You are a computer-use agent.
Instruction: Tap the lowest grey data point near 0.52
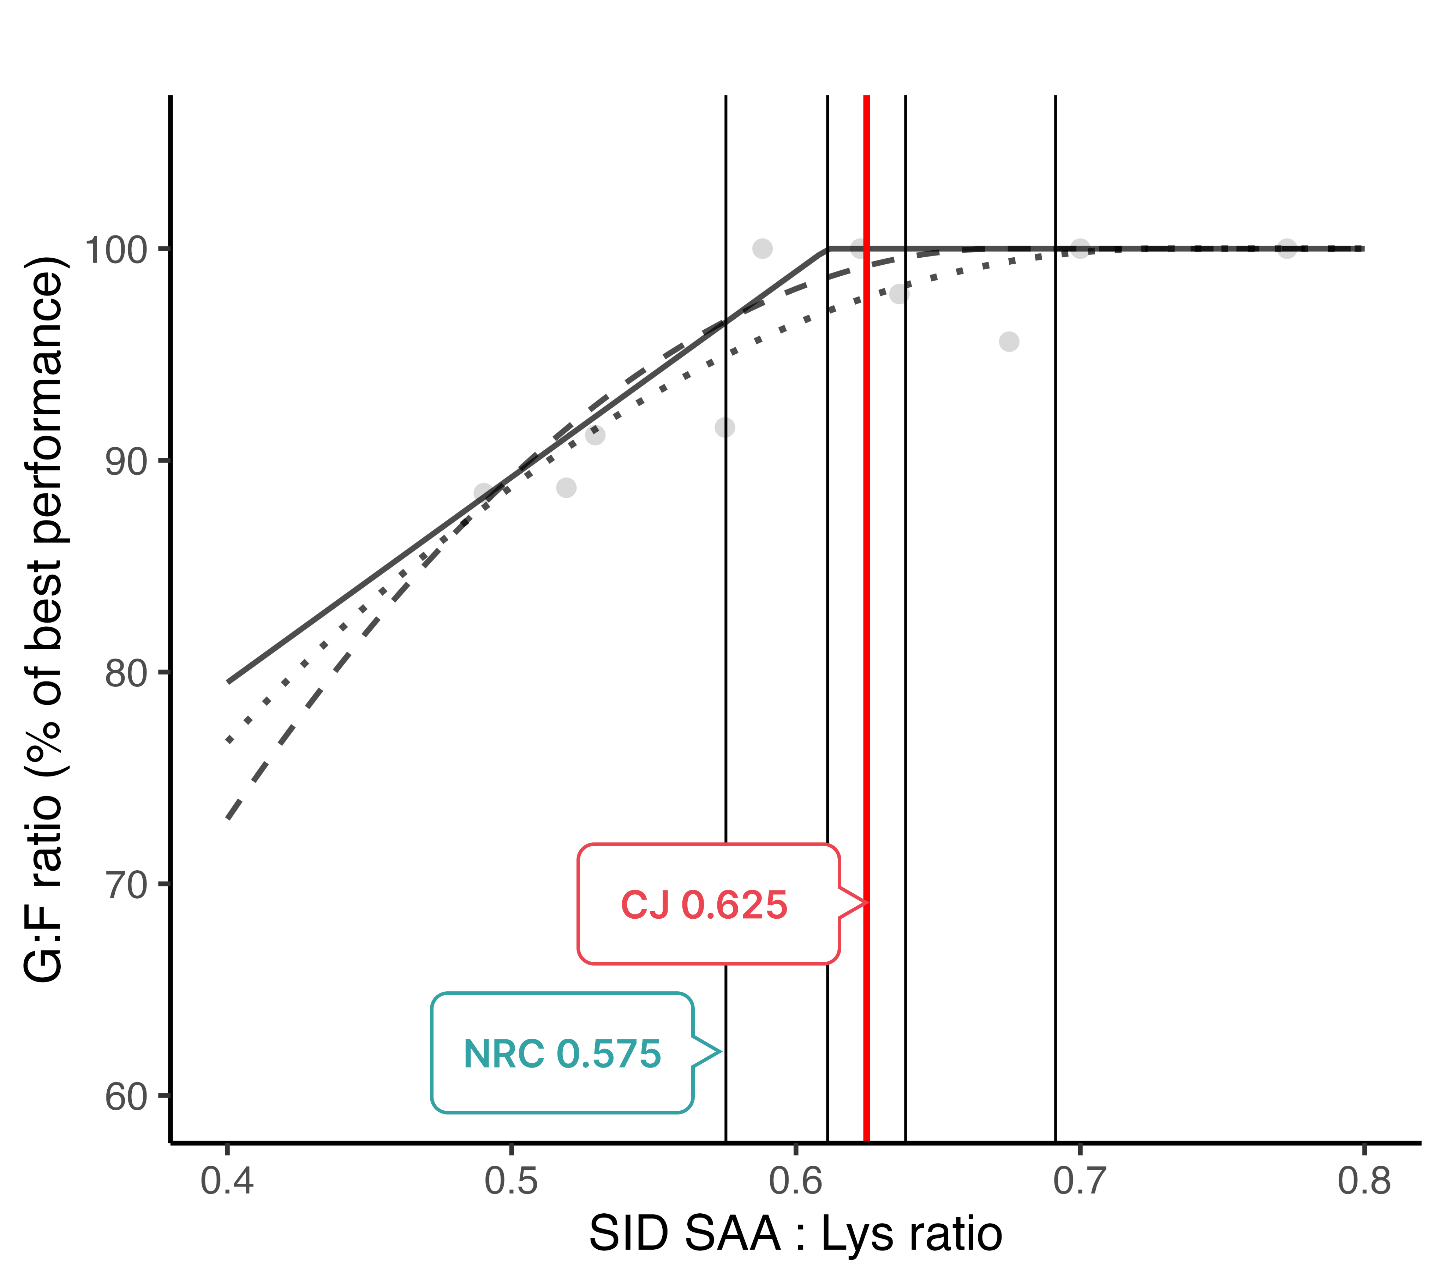[566, 488]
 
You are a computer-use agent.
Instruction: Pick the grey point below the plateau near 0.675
[1009, 342]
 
